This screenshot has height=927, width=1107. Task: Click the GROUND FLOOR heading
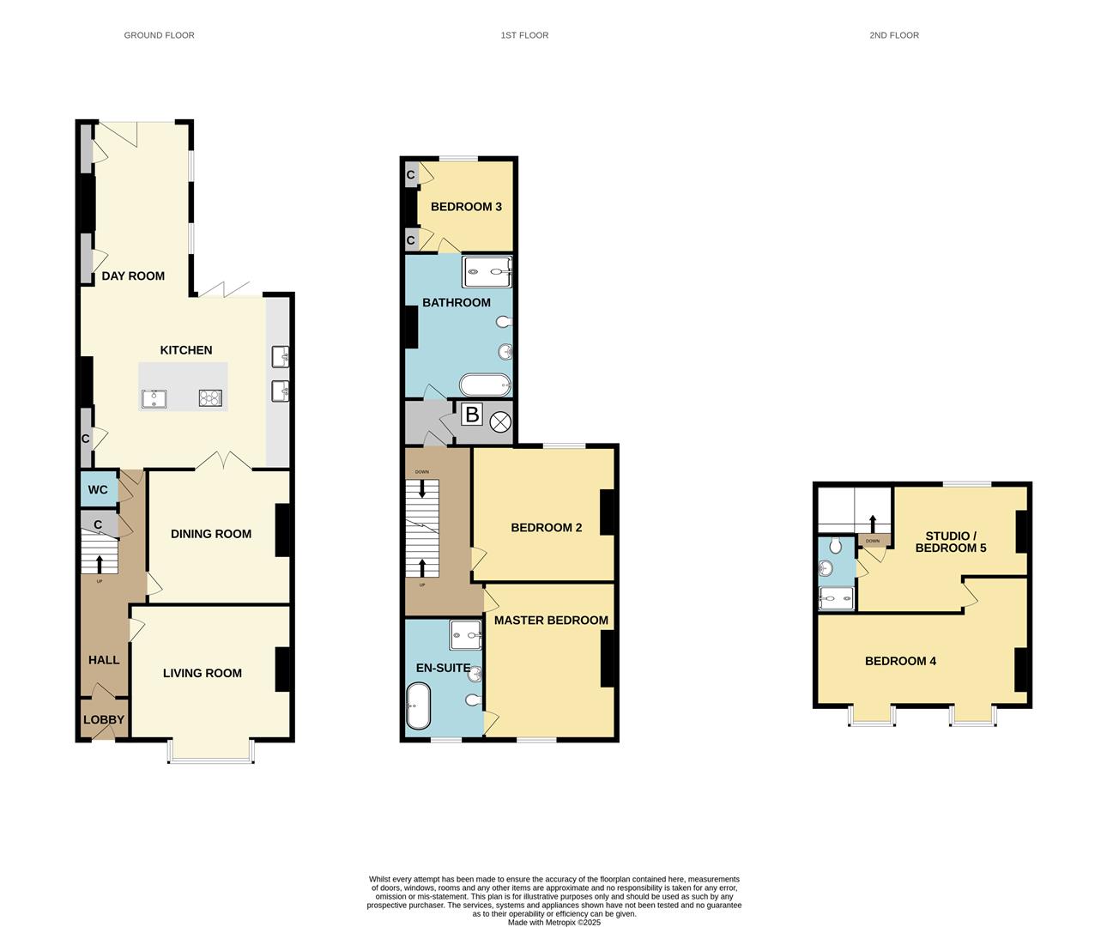coord(159,35)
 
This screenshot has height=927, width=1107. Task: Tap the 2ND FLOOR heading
coord(893,35)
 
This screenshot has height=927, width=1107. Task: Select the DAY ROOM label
coord(133,276)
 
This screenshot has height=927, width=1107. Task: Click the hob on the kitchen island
coord(210,397)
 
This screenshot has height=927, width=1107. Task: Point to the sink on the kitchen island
coord(154,398)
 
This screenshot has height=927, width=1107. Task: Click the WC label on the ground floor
coord(98,490)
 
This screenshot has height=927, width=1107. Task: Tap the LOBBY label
coord(104,720)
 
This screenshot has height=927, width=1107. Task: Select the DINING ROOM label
coord(211,534)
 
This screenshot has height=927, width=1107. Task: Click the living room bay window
coord(211,752)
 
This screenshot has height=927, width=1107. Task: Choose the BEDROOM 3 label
coord(466,207)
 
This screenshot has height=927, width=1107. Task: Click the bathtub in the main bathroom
coord(486,384)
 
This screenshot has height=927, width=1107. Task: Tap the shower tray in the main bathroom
coord(487,272)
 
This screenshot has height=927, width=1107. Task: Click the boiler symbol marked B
coord(472,415)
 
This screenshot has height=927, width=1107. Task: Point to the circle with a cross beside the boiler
coord(500,421)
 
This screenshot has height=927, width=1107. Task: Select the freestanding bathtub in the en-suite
coord(418,706)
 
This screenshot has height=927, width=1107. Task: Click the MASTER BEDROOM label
coord(551,621)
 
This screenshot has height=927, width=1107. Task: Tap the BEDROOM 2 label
coord(547,527)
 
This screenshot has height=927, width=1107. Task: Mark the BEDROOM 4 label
coord(900,661)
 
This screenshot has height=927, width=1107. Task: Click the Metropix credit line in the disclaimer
coord(554,923)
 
